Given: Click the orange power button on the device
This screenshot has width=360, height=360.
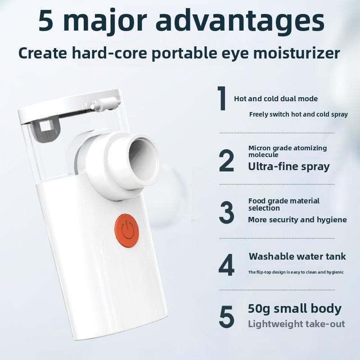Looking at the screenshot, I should tap(126, 230).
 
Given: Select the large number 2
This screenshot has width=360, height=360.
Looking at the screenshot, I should tap(226, 161).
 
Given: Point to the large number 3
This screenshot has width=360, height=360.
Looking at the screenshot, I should tap(226, 212).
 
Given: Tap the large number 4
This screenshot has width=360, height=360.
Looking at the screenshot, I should tap(226, 265).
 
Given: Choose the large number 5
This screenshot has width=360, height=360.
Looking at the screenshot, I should tap(226, 317).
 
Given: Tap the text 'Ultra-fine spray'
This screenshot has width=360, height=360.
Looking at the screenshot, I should tap(288, 166).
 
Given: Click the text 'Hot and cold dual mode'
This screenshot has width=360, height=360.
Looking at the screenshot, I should tap(275, 99).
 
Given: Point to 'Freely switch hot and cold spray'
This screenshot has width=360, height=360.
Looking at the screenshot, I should tap(298, 114).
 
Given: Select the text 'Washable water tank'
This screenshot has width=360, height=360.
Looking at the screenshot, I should tap(297, 256).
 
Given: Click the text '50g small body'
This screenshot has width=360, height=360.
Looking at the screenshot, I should tap(294, 309).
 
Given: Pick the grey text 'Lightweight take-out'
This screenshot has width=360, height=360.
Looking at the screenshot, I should tap(296, 324).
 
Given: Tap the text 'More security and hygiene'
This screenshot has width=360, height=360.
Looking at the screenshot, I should tap(297, 220).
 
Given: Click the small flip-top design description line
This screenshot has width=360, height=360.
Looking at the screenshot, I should tap(295, 272).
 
